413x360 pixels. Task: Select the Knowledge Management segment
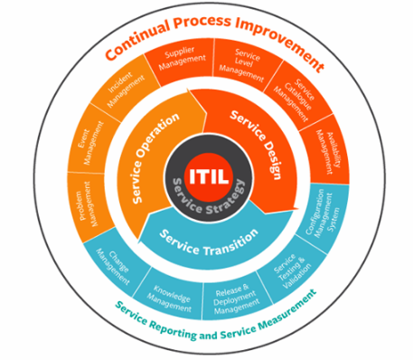[x=172, y=289]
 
